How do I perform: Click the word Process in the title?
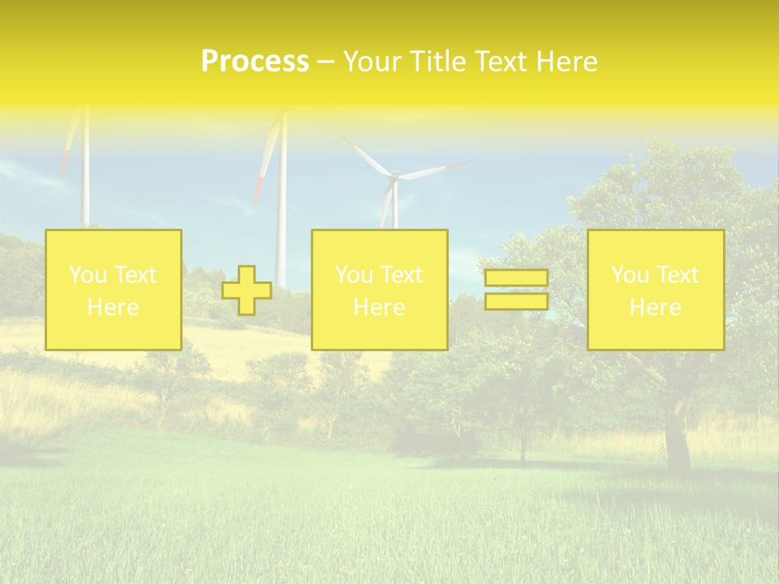pos(255,62)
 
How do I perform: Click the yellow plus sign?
pos(247,290)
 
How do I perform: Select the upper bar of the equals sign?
pos(516,277)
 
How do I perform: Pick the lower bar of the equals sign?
pos(516,302)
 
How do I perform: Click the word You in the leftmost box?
pos(85,275)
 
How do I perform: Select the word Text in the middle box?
pos(402,275)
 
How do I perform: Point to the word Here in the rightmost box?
pos(655,307)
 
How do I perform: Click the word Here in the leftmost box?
pos(114,307)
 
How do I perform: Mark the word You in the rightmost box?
pos(628,275)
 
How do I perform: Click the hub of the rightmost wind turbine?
pos(394,175)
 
